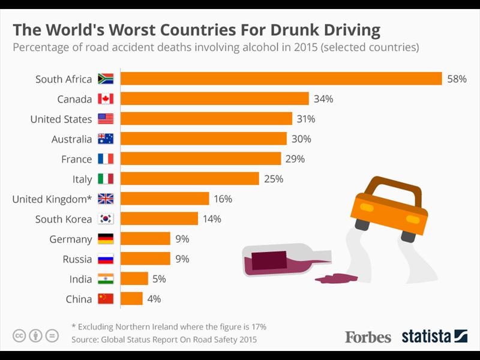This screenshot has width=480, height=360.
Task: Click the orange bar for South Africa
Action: tap(281, 79)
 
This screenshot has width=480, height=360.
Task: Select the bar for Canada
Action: tap(215, 99)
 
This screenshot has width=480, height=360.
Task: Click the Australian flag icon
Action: tap(106, 139)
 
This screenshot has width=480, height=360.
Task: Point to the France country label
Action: tap(76, 159)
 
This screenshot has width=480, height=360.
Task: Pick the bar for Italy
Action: tap(190, 179)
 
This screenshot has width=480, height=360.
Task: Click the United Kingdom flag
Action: tap(106, 199)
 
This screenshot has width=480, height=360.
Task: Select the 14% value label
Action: tap(212, 219)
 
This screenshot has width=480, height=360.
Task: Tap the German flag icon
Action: tap(106, 239)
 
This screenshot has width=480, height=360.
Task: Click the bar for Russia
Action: tap(146, 259)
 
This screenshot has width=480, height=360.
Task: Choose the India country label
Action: tap(80, 279)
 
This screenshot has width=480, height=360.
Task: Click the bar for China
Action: tap(132, 299)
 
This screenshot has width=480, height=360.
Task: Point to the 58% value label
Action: tap(457, 79)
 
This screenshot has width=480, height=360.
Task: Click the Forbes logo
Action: tap(368, 337)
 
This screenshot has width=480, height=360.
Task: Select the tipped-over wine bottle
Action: tap(282, 260)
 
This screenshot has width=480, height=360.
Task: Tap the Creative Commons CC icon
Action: tap(19, 335)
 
